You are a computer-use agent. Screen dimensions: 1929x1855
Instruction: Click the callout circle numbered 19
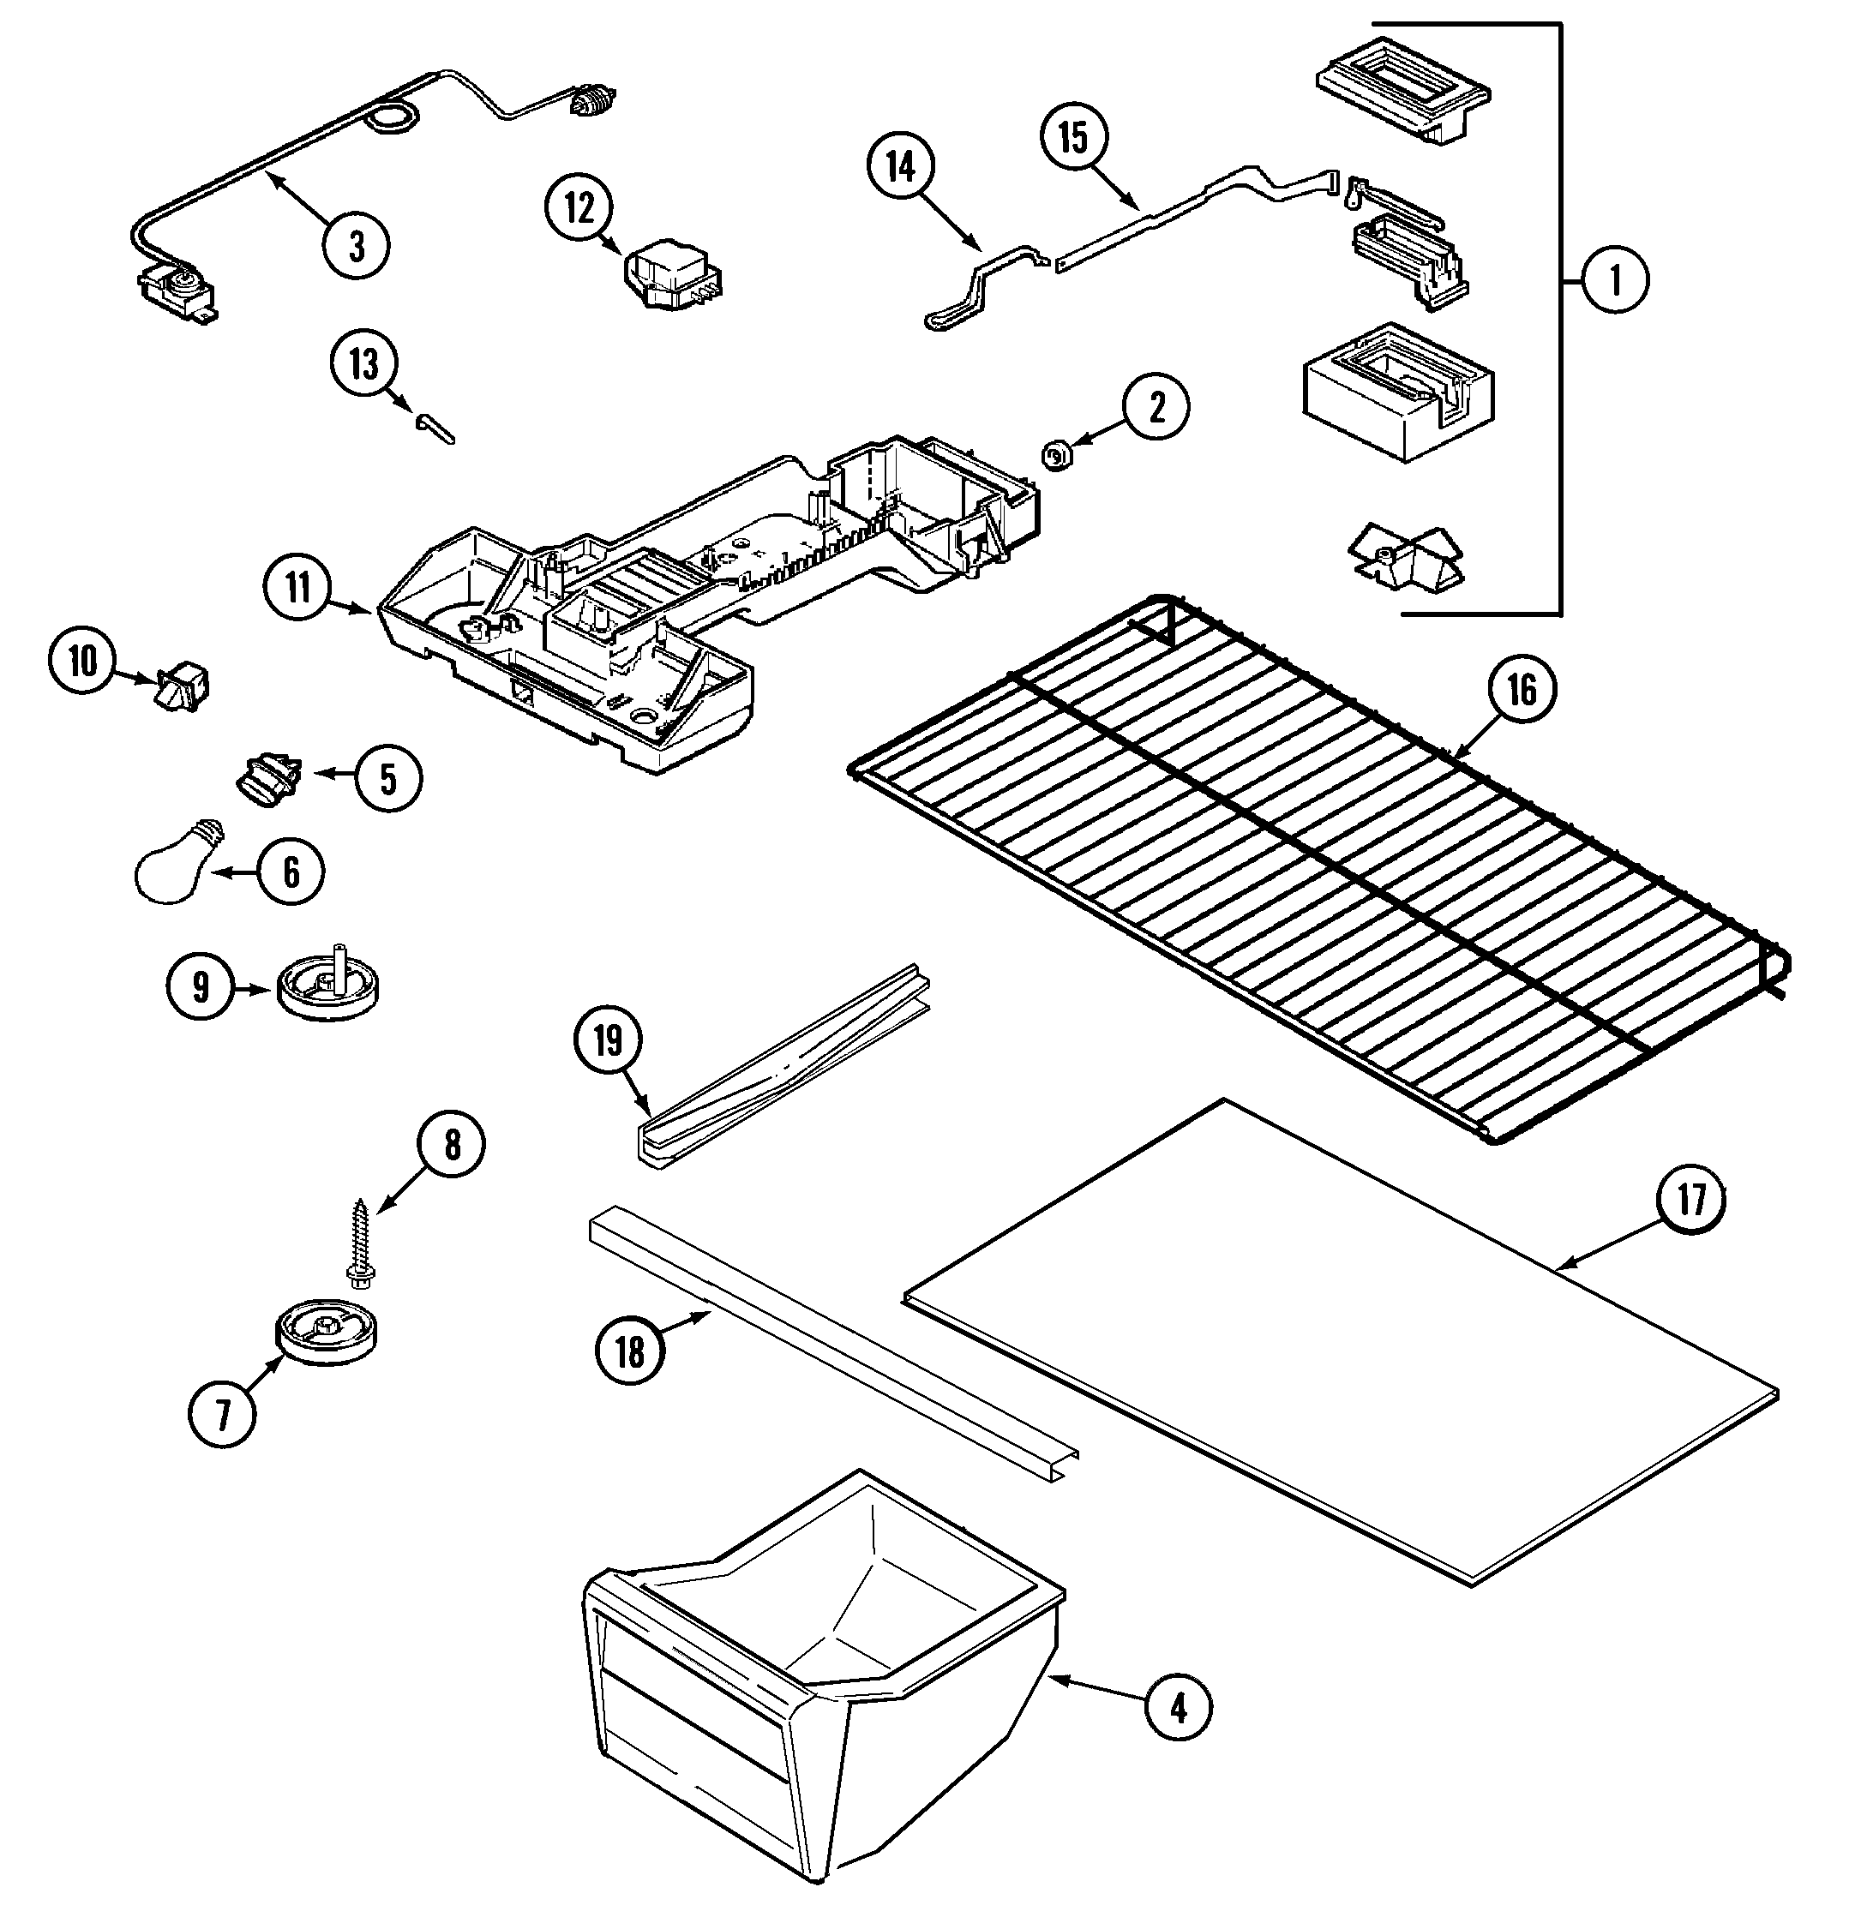coord(609,1039)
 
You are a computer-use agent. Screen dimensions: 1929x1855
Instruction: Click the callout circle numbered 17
coord(1691,1200)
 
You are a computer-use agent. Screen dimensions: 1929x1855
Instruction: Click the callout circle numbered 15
coord(1073,137)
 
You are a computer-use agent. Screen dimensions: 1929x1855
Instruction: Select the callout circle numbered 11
coord(298,588)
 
